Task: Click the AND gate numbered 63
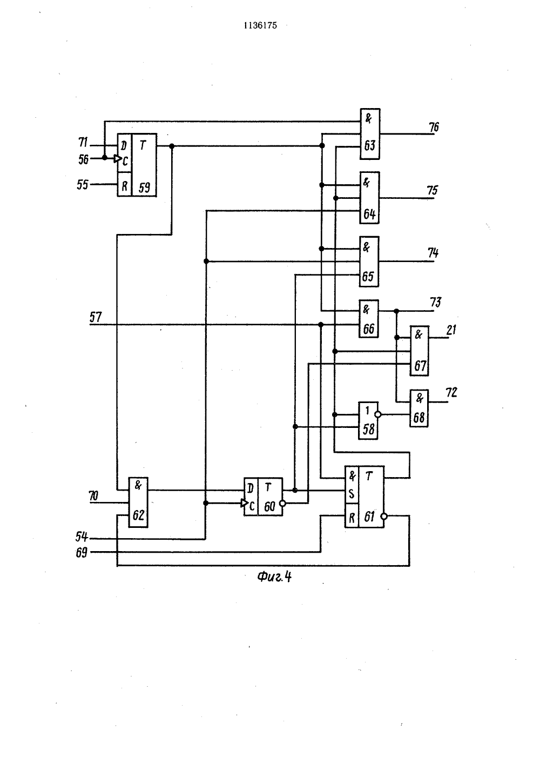coord(370,133)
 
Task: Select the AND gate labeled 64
coord(369,198)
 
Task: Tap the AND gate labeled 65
coord(369,262)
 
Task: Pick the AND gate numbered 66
coord(369,319)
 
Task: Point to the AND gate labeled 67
coord(420,351)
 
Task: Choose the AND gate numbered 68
coord(419,408)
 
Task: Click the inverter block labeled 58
coord(368,420)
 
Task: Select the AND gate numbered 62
coord(138,502)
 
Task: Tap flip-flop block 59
coord(137,165)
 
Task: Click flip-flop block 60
coord(263,497)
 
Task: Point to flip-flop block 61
coord(364,497)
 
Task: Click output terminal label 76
coord(434,128)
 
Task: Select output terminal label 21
coord(451,330)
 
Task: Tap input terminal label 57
coord(96,317)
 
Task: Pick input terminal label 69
coord(82,553)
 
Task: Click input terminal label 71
coord(83,142)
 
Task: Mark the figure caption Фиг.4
coord(274,577)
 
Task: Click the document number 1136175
coord(260,25)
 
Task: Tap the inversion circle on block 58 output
coord(377,415)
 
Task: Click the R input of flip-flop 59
coord(124,186)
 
